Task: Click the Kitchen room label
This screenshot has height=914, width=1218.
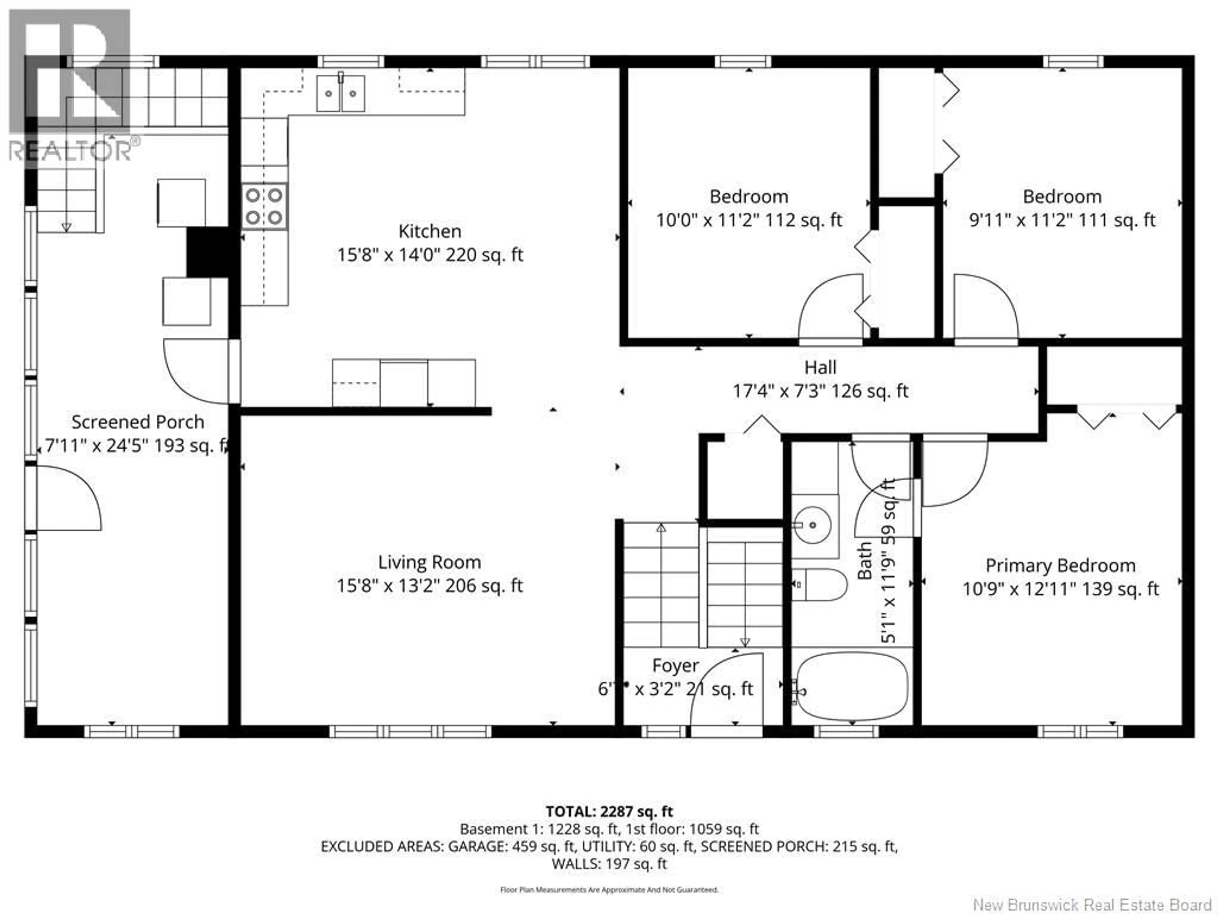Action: pos(429,231)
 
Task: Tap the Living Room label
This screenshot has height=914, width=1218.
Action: pos(429,562)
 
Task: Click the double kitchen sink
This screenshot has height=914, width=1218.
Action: pos(340,94)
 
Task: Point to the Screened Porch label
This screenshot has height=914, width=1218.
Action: pos(138,422)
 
